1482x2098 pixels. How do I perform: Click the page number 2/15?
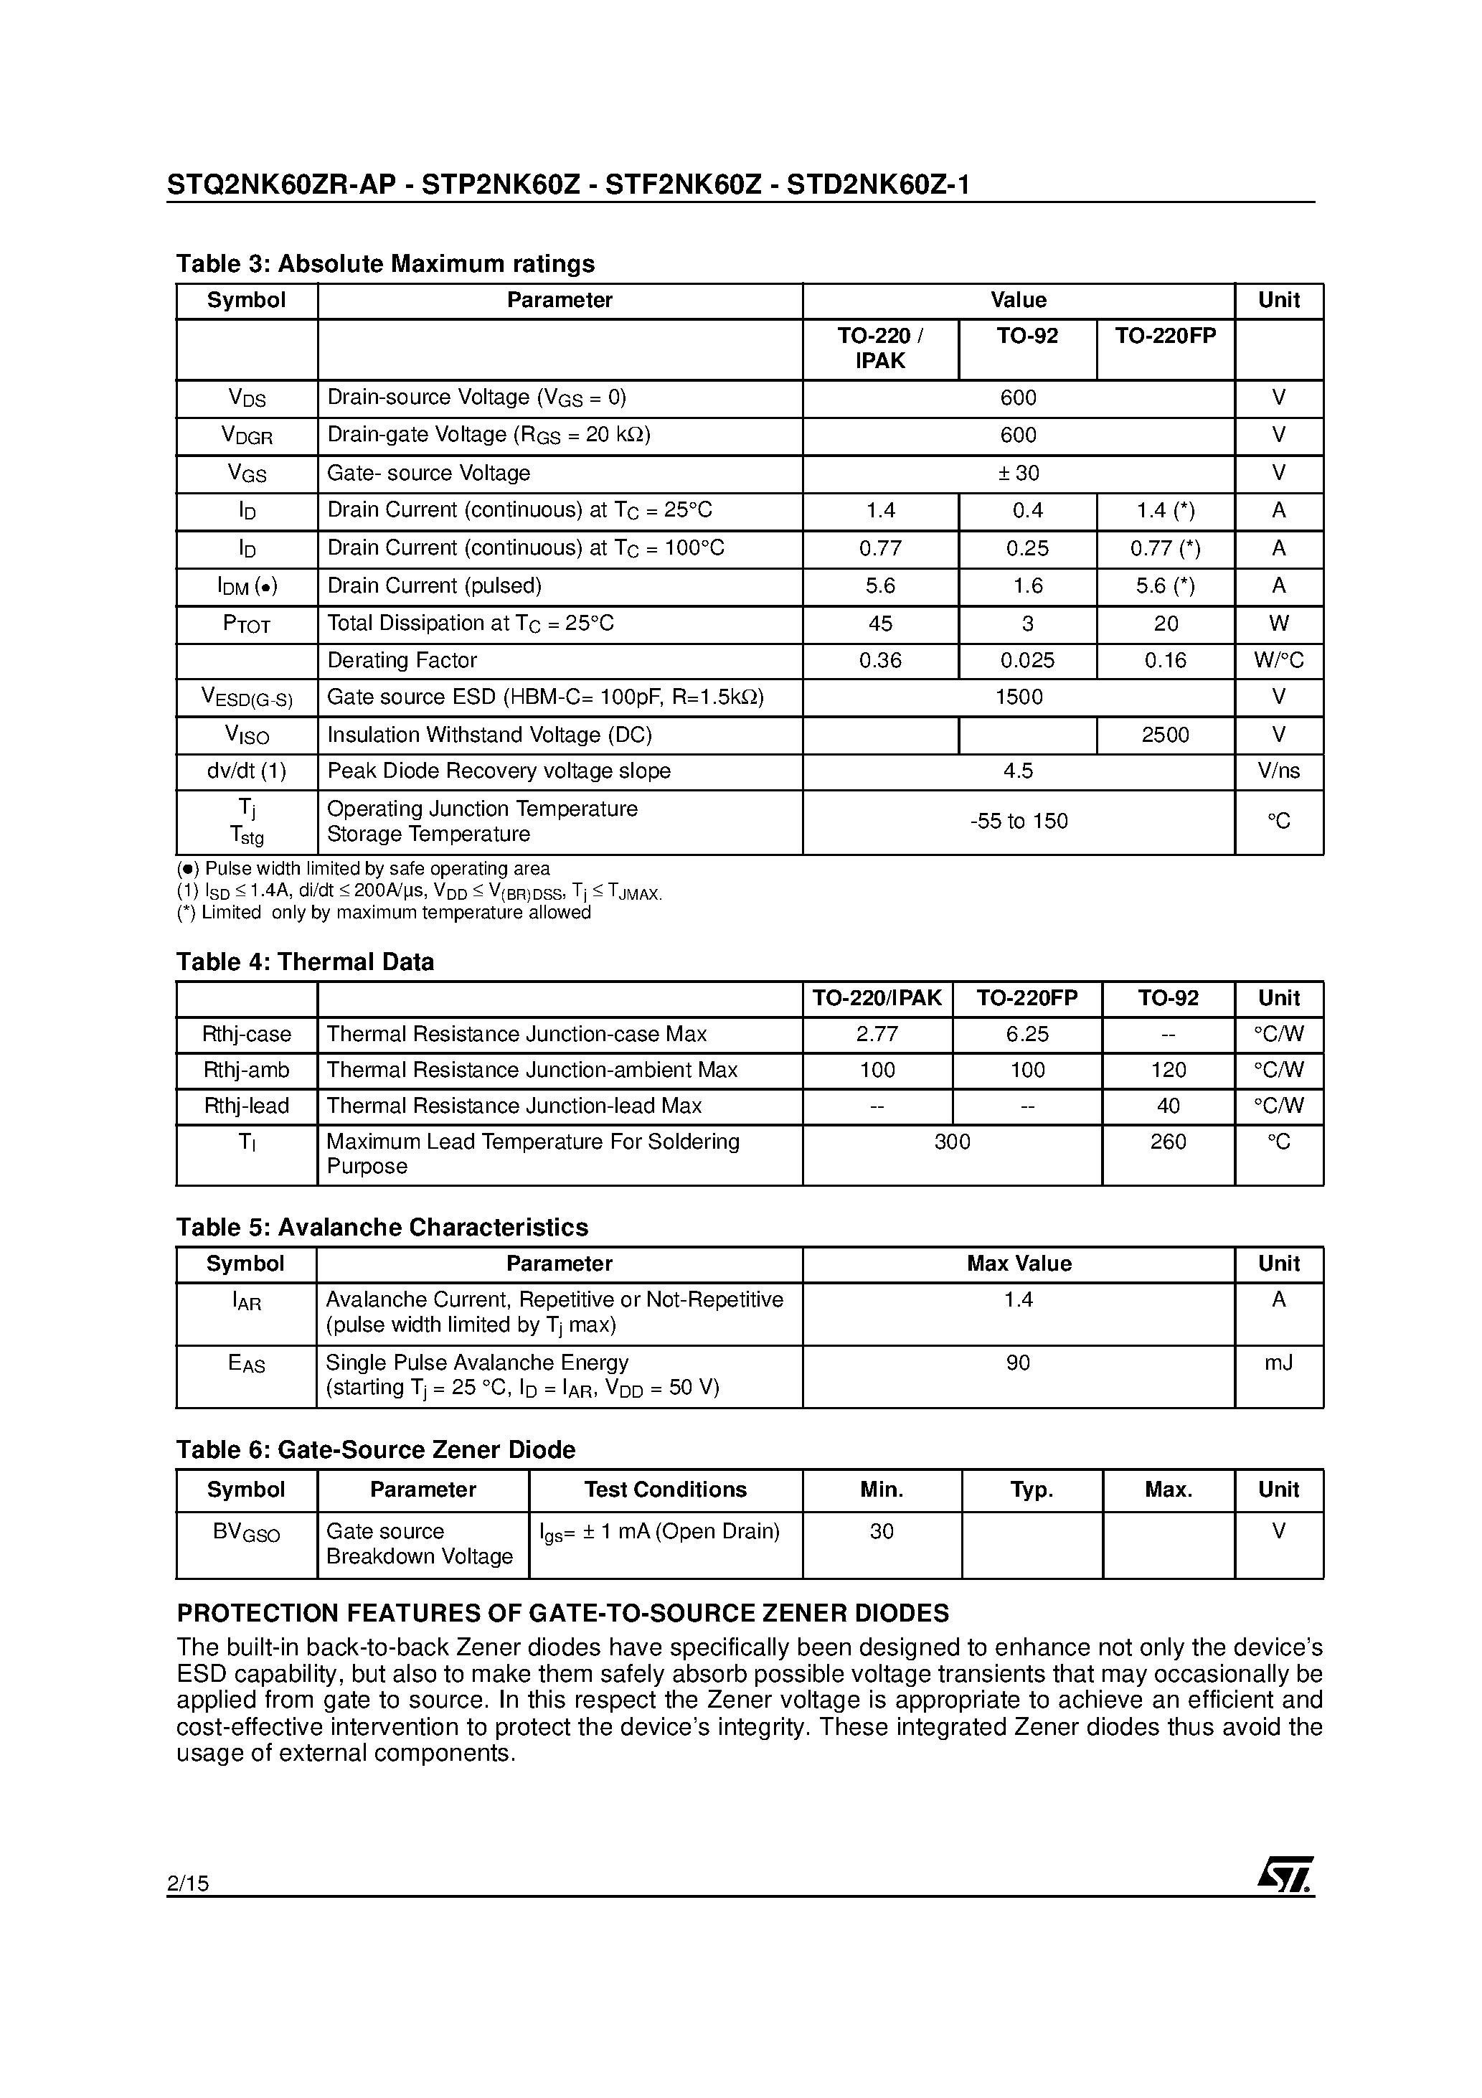point(188,1883)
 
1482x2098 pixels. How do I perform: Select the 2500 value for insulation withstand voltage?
point(1165,735)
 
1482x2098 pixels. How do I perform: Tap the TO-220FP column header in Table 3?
point(1165,337)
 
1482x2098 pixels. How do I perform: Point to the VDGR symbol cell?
point(247,436)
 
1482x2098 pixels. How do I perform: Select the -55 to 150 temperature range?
point(1018,821)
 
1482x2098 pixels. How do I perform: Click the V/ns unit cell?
point(1278,771)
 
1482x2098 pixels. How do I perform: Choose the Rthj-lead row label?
point(246,1106)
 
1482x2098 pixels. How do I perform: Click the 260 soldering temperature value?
point(1168,1142)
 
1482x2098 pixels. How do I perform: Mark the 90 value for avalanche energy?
point(1018,1363)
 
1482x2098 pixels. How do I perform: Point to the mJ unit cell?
point(1278,1363)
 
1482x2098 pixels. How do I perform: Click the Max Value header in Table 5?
point(1018,1264)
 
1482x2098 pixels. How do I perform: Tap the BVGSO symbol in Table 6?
point(246,1533)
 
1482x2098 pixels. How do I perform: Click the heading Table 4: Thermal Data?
point(304,961)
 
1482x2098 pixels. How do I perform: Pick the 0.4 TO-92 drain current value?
point(1027,510)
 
